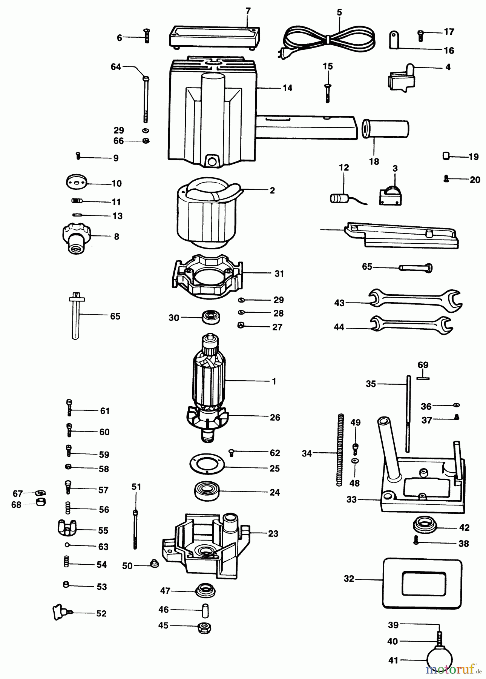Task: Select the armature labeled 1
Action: (x=210, y=381)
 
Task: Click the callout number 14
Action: (x=287, y=88)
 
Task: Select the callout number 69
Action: (x=423, y=365)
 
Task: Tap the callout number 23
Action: (x=273, y=533)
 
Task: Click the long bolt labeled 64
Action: (x=146, y=98)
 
